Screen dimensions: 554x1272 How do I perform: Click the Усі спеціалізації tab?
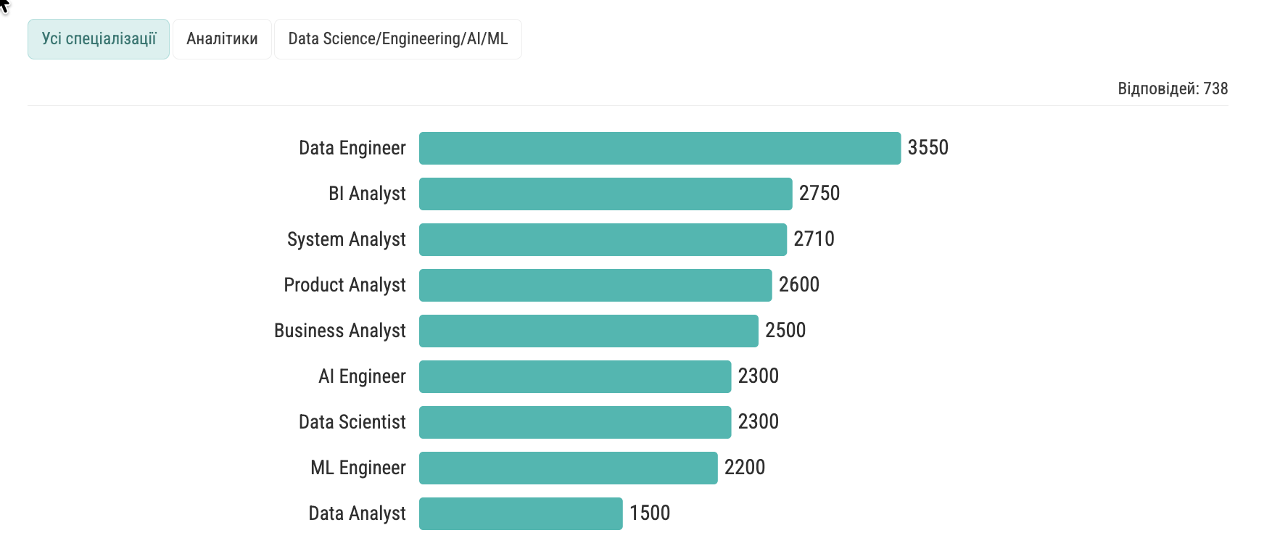click(99, 39)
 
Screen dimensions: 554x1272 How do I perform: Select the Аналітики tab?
click(222, 39)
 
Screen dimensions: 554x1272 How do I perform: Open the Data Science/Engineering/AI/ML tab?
click(397, 39)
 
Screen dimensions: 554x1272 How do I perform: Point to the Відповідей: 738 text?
click(1172, 88)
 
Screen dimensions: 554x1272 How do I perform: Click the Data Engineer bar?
click(659, 148)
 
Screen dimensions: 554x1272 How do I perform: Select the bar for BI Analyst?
click(605, 194)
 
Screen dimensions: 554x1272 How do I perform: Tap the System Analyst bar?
click(602, 239)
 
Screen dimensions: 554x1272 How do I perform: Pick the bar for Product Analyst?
click(595, 285)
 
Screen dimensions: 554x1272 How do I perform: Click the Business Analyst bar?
click(588, 331)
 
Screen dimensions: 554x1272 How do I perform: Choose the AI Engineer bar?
click(574, 376)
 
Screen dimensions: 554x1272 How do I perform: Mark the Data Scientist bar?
click(574, 422)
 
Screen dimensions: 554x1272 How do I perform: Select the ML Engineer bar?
click(568, 468)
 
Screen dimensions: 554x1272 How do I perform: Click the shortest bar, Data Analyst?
click(520, 513)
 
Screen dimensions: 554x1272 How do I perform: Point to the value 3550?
click(928, 148)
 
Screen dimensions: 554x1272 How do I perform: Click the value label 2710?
click(814, 239)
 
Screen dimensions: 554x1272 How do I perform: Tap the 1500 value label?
click(649, 513)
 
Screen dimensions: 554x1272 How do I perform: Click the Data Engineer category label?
click(352, 148)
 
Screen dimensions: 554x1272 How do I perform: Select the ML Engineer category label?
click(358, 468)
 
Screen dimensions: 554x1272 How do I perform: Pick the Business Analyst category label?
click(339, 331)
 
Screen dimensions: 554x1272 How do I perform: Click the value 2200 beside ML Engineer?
click(744, 468)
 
